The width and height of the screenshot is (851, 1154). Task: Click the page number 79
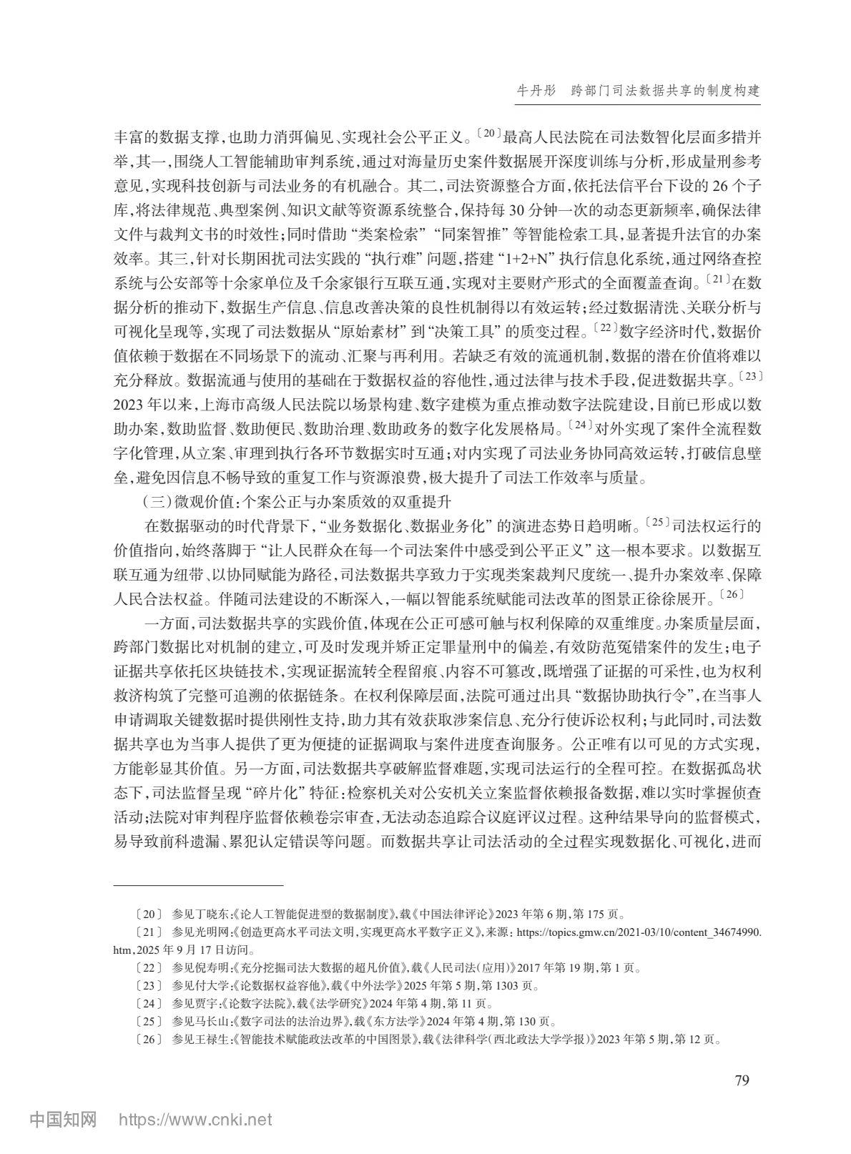[742, 1080]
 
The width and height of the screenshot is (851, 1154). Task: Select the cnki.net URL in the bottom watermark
[195, 1119]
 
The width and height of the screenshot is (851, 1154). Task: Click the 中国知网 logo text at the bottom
[63, 1119]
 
